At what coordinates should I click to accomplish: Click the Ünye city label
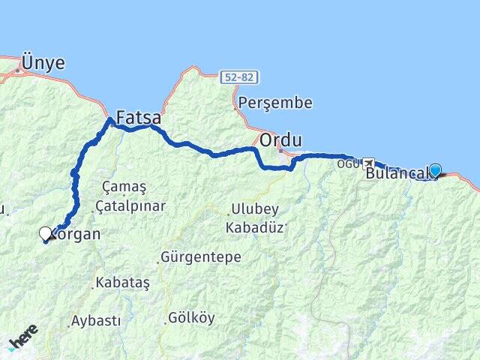click(x=43, y=63)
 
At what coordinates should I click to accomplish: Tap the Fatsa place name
click(x=138, y=118)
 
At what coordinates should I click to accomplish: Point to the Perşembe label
click(x=274, y=103)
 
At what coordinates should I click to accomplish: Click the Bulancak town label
click(x=397, y=174)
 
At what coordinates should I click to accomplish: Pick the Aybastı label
click(x=95, y=320)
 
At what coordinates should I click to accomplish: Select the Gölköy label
click(x=192, y=317)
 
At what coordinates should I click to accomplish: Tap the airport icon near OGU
click(x=368, y=162)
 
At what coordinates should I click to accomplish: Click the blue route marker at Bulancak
click(x=434, y=170)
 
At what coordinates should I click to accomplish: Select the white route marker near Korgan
click(x=46, y=233)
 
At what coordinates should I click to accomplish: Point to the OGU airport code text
click(x=348, y=163)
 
